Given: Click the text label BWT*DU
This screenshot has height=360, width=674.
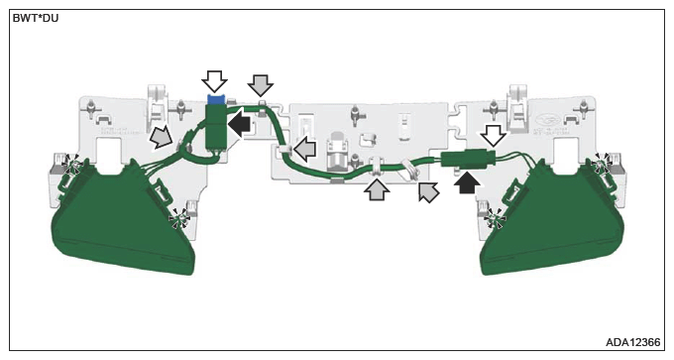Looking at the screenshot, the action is tap(36, 19).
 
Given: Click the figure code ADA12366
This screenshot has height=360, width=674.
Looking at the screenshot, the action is tap(632, 342).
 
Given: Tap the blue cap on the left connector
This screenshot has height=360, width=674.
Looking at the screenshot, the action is tap(217, 99).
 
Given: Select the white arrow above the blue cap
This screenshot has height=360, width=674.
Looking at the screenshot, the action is tap(214, 81).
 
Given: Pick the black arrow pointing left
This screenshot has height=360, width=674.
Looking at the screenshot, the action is tap(239, 123).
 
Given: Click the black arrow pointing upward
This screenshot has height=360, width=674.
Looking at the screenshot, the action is tap(468, 181).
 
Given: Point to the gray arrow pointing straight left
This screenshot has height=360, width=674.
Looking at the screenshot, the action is tap(304, 149).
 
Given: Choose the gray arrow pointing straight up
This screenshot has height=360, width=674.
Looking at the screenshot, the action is tap(377, 189).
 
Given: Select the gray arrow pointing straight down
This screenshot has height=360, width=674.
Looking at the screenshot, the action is tap(261, 84).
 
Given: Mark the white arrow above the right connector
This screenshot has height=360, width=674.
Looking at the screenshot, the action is tap(493, 136).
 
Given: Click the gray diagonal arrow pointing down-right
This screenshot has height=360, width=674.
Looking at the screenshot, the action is tap(161, 137).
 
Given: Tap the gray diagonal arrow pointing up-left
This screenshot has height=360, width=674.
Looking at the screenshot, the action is tap(428, 191).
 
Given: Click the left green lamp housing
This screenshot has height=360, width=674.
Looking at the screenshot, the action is tap(123, 220).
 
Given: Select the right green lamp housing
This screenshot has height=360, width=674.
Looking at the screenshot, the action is tap(552, 220).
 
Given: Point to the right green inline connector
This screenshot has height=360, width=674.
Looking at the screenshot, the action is tap(468, 159).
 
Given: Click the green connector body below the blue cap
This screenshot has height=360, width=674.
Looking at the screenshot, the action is tap(217, 126).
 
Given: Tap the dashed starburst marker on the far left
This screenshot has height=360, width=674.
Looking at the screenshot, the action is tap(71, 165).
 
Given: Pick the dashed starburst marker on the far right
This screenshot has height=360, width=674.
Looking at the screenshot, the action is tap(602, 164).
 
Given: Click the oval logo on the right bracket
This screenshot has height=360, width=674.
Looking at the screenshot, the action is tap(547, 120).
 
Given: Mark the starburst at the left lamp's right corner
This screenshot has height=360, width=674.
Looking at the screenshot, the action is tap(180, 219).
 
